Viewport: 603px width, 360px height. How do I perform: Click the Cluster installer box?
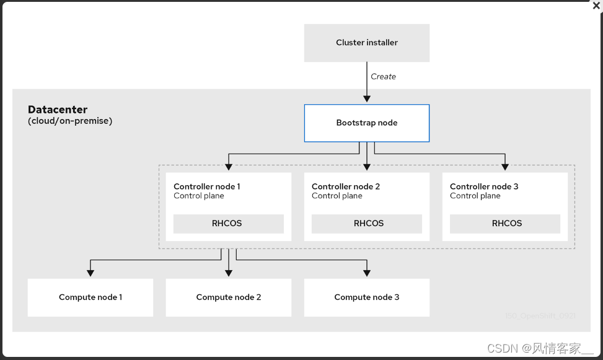click(366, 43)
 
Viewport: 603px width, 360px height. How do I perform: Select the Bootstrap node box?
click(366, 123)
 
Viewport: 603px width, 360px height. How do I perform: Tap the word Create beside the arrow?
click(383, 77)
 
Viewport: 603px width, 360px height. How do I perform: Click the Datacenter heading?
click(58, 110)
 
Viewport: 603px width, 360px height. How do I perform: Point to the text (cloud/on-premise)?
click(70, 121)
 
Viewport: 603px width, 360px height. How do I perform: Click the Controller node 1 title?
click(206, 187)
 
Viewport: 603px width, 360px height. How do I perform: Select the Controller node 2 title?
click(345, 187)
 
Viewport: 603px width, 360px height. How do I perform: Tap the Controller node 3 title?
click(483, 187)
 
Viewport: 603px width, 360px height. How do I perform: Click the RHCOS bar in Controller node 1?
click(228, 224)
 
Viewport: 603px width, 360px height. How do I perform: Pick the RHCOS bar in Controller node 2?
click(366, 224)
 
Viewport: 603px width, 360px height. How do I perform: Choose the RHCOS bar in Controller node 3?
click(504, 224)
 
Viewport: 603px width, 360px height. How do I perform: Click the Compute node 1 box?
click(90, 297)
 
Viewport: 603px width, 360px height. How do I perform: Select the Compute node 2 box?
click(229, 297)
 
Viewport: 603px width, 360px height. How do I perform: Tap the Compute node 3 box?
click(366, 297)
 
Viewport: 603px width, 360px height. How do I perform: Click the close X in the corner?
click(596, 6)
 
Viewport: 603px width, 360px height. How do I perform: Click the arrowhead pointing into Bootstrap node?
click(366, 99)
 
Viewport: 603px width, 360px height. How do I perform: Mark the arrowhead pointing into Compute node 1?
click(90, 272)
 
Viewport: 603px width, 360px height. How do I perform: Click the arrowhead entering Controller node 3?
click(504, 166)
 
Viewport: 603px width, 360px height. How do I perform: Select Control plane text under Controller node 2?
click(337, 196)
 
